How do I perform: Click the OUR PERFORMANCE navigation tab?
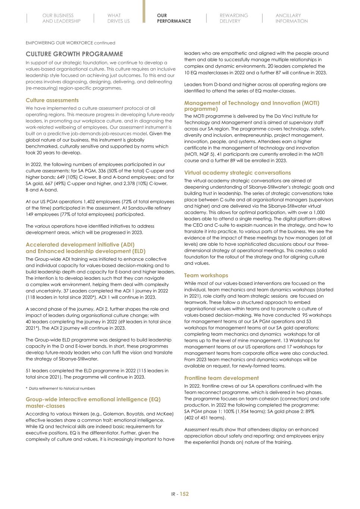[173, 18]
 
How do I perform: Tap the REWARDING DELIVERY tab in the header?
[234, 18]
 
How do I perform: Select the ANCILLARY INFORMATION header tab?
[291, 18]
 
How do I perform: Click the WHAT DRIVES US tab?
[118, 18]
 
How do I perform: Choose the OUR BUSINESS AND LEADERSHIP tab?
[61, 18]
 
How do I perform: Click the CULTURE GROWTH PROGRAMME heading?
[74, 54]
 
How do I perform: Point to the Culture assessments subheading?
[52, 100]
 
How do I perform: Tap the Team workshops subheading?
[206, 276]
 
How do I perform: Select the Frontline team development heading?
[221, 378]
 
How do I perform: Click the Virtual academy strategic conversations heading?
[237, 173]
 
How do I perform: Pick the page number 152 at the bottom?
[184, 494]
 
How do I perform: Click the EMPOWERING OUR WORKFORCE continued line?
[71, 43]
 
